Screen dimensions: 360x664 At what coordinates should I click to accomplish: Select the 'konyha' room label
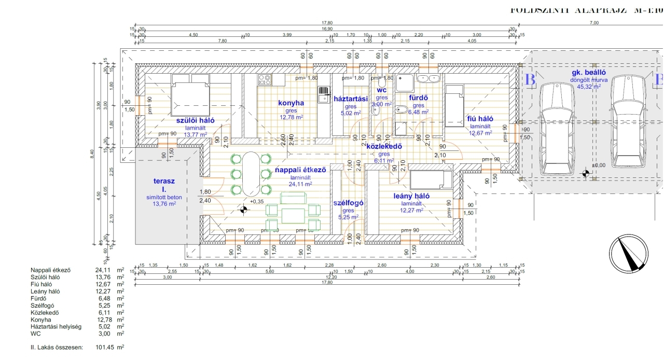click(x=291, y=103)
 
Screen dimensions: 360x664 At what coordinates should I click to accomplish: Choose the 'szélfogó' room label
click(x=348, y=203)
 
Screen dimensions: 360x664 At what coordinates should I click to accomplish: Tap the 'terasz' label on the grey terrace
click(x=164, y=182)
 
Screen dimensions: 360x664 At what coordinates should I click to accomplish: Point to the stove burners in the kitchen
click(x=264, y=80)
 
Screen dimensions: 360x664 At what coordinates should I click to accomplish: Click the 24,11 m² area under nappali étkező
click(x=301, y=184)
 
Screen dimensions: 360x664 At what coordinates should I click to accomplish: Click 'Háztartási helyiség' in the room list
click(x=56, y=326)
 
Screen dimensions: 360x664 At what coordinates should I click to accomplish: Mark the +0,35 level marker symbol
click(x=243, y=210)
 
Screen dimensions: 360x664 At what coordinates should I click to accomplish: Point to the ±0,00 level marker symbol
click(x=586, y=173)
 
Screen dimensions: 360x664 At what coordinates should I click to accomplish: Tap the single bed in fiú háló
click(x=454, y=106)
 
